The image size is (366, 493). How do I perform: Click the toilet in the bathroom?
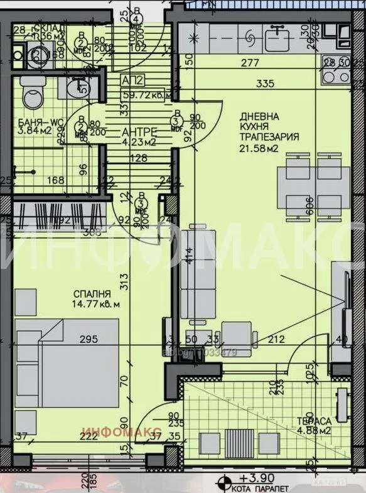coord(30,95)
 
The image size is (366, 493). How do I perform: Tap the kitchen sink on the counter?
coord(276,40)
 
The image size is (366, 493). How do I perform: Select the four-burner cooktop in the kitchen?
coord(336,75)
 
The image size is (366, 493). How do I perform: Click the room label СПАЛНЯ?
coord(92,293)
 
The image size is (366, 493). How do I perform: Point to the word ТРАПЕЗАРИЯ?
coord(269,137)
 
